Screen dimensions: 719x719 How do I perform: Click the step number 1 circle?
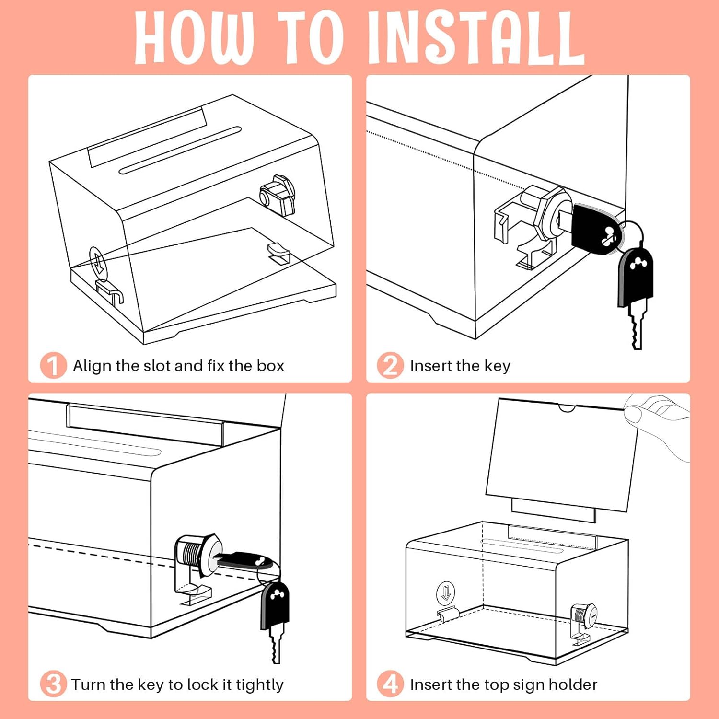(x=53, y=366)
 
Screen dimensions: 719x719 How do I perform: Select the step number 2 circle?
(x=390, y=366)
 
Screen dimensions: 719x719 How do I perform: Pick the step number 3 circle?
(x=53, y=684)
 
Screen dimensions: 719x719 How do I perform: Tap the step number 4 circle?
(x=390, y=684)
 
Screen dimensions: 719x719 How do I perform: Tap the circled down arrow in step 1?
(x=98, y=261)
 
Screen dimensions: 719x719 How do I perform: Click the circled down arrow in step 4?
(x=446, y=592)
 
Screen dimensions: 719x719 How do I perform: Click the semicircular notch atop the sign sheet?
(x=567, y=408)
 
